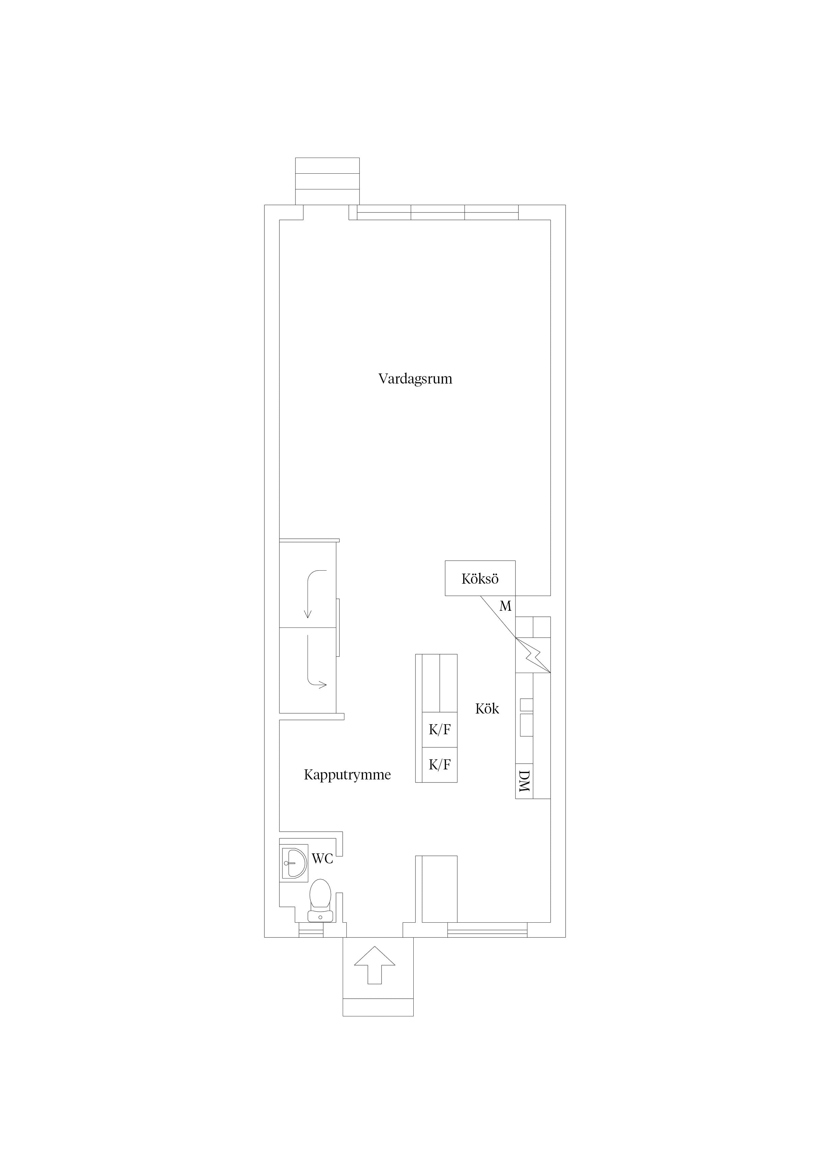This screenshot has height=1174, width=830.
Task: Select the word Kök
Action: [487, 708]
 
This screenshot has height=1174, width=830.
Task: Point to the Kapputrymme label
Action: [347, 775]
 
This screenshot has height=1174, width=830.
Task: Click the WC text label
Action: [323, 858]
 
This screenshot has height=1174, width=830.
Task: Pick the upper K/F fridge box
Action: [439, 730]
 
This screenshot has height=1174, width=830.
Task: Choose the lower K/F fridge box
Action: [439, 764]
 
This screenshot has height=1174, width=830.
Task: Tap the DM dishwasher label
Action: [524, 781]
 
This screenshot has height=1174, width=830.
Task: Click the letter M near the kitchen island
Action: [505, 606]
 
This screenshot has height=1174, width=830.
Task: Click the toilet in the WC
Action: [321, 901]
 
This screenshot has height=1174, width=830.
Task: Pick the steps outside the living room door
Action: [327, 181]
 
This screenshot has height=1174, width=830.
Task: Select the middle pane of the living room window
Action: [438, 212]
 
